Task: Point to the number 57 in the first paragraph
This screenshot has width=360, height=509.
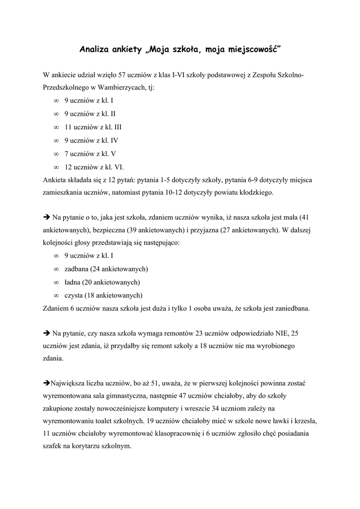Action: [122, 75]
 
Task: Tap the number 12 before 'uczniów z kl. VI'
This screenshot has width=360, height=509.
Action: [68, 167]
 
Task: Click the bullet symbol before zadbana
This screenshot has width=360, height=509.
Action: [56, 269]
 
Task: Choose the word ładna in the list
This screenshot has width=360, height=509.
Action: [73, 282]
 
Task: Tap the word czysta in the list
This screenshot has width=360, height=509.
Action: [74, 295]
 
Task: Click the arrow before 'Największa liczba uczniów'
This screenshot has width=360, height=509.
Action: [47, 383]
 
